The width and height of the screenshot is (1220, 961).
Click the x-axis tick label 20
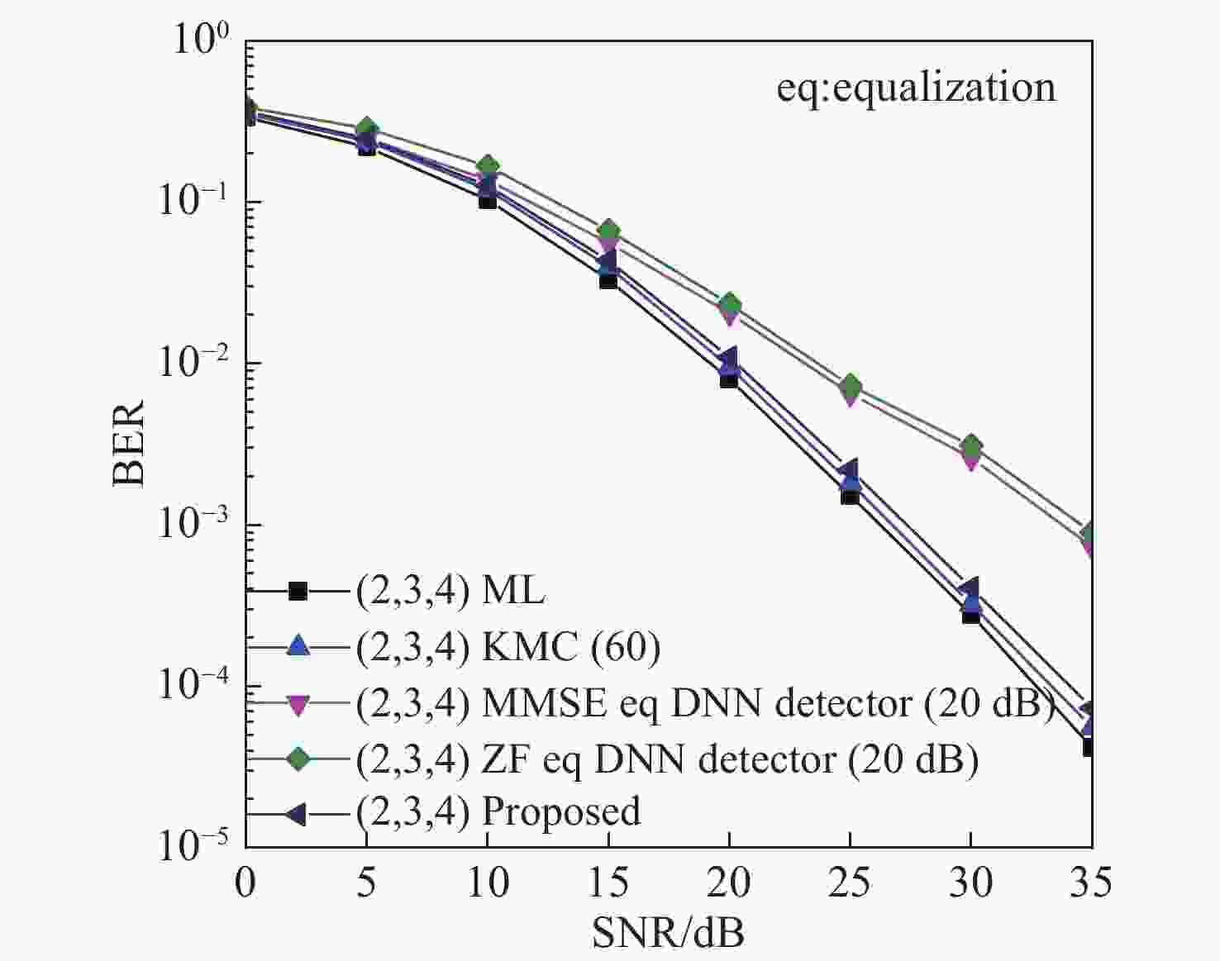[728, 883]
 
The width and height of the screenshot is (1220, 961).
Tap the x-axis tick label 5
[366, 883]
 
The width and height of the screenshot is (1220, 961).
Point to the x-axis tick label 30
[970, 883]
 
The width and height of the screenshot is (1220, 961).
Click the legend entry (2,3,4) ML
[450, 591]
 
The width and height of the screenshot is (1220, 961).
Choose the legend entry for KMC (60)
[508, 647]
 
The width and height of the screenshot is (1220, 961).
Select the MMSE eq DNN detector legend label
[704, 703]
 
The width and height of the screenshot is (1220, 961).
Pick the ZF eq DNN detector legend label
[666, 759]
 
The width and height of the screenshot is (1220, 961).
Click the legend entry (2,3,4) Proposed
[498, 813]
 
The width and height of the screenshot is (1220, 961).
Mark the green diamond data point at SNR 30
[971, 446]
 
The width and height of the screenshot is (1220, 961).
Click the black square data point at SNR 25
[850, 496]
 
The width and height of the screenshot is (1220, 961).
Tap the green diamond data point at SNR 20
[729, 304]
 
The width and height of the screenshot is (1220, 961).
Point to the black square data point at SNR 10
[488, 200]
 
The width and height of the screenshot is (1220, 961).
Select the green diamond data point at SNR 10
[488, 166]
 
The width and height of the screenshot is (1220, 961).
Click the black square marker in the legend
[298, 592]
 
